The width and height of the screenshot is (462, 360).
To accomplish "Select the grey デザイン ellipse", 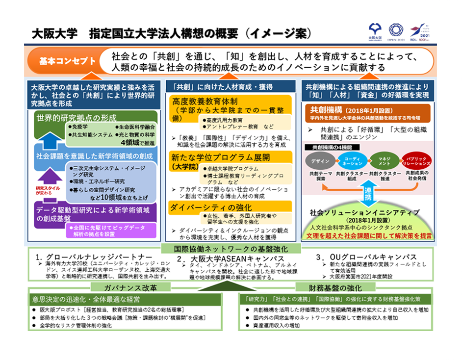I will (320, 161).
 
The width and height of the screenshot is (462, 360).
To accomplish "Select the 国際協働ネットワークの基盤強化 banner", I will (231, 249).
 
